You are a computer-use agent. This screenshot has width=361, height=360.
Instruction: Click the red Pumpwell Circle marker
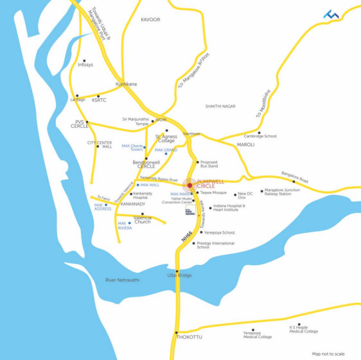tap(189, 185)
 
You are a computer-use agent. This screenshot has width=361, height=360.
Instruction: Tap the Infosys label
tap(85, 64)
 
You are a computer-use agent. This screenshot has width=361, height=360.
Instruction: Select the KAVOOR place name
tap(150, 20)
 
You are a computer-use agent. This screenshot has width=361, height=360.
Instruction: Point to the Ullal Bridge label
tap(180, 275)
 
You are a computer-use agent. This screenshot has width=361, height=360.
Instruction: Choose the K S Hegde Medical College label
tap(303, 329)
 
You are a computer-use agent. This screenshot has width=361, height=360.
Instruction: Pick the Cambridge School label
tap(260, 136)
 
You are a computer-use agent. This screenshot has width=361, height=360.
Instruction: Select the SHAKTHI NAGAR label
tap(220, 107)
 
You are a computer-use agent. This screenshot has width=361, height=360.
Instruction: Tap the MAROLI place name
tap(246, 145)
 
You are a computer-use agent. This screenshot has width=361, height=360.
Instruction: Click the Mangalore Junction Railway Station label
tap(282, 192)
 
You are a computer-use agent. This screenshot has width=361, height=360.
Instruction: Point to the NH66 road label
tap(186, 237)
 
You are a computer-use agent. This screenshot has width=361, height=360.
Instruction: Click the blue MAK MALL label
tap(150, 185)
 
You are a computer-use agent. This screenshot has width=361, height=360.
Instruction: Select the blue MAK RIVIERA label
tap(125, 225)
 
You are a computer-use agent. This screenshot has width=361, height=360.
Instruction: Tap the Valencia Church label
tap(143, 219)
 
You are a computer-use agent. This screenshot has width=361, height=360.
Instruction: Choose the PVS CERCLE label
tap(80, 124)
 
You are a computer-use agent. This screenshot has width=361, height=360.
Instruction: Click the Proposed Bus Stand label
tap(209, 164)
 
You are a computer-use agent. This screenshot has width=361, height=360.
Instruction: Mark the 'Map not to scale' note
tap(328, 354)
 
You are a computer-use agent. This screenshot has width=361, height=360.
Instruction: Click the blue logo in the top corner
tap(331, 14)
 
